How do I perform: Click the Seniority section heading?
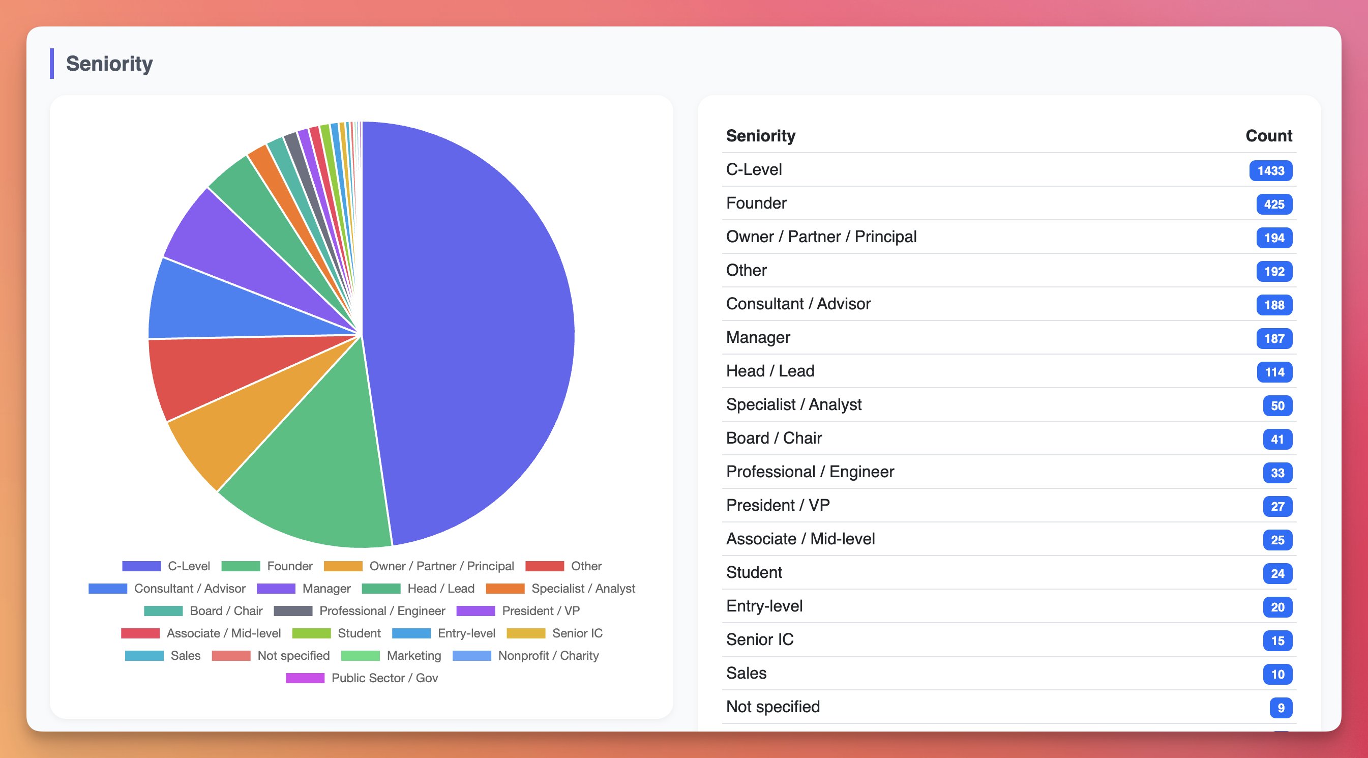click(109, 64)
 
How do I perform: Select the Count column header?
click(1268, 136)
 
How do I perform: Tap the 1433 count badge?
click(1270, 170)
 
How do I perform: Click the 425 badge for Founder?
click(1273, 205)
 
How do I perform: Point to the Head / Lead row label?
click(769, 371)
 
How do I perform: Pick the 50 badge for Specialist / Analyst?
click(1276, 406)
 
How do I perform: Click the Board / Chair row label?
click(773, 438)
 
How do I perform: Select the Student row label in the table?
click(754, 573)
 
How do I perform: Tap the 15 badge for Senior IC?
click(1276, 640)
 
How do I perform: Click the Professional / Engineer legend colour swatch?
click(293, 611)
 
